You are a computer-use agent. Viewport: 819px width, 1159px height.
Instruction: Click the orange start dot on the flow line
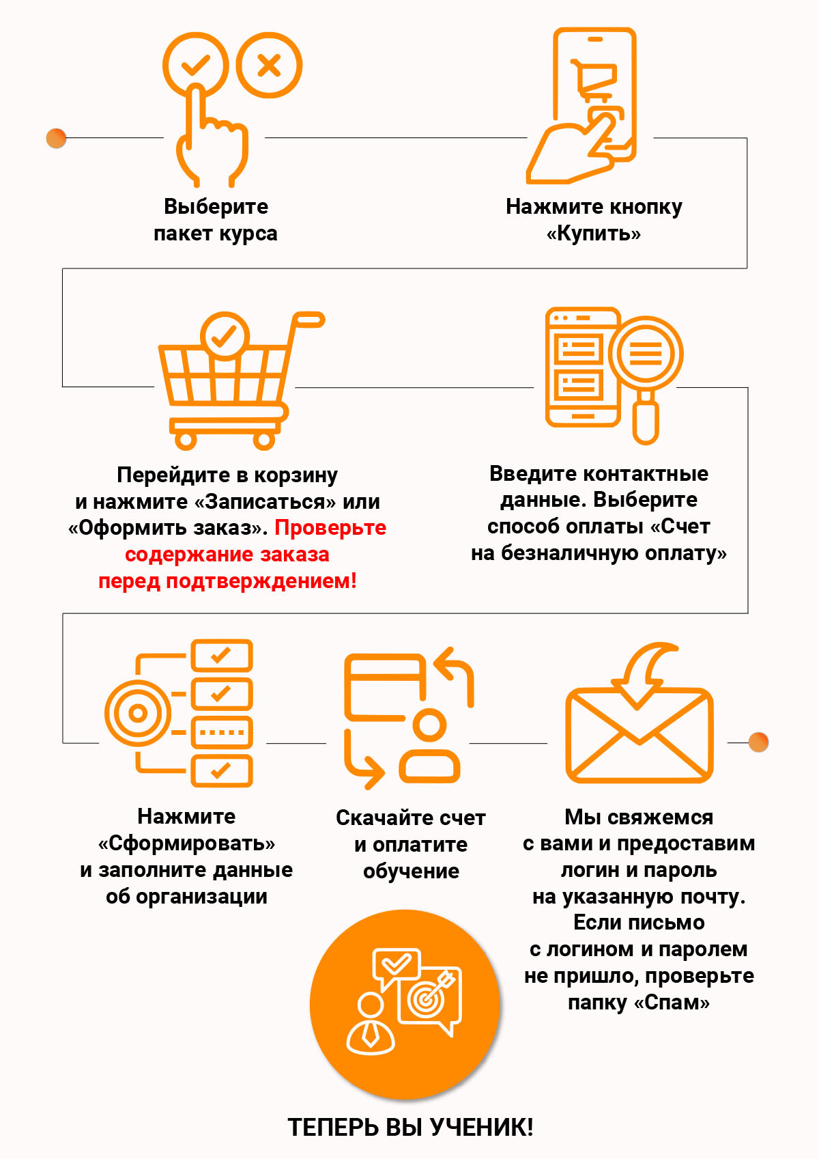(56, 138)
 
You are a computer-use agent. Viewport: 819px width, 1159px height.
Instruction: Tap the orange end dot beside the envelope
(758, 742)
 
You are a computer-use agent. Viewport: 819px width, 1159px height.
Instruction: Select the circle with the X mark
(269, 65)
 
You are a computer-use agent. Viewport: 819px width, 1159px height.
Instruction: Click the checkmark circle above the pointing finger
(195, 65)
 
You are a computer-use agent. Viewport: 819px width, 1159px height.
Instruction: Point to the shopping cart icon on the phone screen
(594, 78)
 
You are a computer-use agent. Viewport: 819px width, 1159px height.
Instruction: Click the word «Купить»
(594, 234)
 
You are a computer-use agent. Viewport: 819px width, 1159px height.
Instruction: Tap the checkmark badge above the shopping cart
(225, 336)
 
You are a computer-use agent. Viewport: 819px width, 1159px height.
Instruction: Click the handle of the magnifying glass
(646, 419)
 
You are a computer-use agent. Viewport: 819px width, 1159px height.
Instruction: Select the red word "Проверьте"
(330, 528)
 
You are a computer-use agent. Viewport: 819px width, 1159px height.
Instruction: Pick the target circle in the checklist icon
(138, 713)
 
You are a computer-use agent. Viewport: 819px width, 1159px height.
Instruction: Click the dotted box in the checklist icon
(222, 732)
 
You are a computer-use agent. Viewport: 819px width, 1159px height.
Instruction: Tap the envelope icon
(639, 735)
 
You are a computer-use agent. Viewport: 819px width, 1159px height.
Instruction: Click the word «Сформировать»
(186, 843)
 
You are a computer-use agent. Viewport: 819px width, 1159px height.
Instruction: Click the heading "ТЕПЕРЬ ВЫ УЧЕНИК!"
(410, 1128)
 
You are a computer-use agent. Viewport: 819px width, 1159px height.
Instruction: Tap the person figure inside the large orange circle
(370, 1025)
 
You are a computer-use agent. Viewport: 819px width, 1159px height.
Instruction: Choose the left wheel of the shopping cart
(186, 441)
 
